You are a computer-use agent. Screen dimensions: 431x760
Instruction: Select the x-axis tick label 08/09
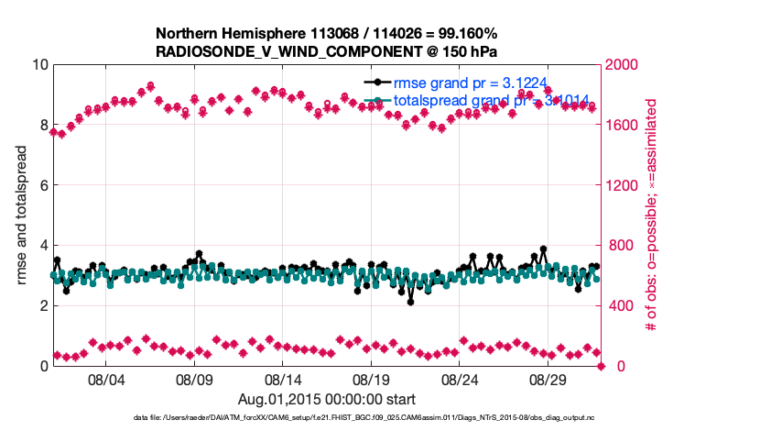pos(194,379)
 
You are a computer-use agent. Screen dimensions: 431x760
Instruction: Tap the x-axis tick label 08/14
pos(283,379)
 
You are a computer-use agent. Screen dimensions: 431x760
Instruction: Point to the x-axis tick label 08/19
pos(372,379)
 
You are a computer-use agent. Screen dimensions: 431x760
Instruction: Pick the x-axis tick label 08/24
pos(461,379)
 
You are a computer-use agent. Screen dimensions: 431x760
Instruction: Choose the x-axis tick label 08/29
pos(549,379)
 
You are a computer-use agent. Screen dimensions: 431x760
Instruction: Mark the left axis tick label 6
pos(43,185)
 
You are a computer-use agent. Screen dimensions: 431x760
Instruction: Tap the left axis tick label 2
pos(43,305)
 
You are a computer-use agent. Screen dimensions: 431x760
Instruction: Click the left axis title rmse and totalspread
pos(22,215)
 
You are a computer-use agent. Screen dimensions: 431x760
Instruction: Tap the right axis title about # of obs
pos(653,215)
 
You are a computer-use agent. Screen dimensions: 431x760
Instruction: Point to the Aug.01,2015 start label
pos(327,399)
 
